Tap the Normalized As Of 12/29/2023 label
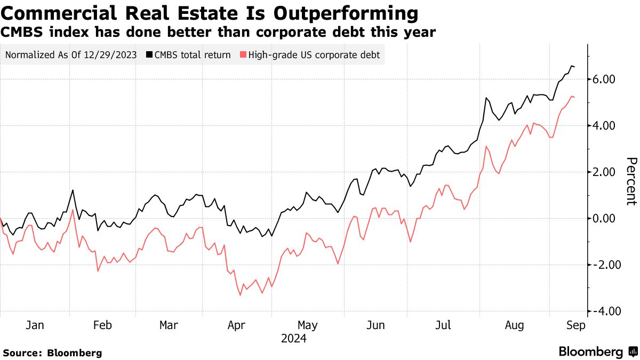[71, 55]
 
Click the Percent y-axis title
[631, 181]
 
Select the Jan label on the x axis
[35, 325]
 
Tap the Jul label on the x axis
[444, 325]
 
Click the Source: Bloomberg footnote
[52, 353]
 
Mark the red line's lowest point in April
[241, 295]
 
